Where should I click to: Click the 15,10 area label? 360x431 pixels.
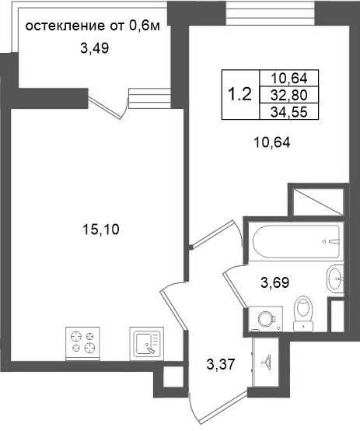tap(101, 230)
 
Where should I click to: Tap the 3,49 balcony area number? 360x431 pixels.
tap(95, 48)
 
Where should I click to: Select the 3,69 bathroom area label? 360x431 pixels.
tap(274, 282)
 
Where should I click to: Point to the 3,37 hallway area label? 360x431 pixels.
tap(221, 364)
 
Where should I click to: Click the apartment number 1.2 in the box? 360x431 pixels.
tap(240, 94)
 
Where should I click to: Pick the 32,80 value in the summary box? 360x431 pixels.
tap(288, 95)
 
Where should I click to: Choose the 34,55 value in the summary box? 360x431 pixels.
tap(288, 112)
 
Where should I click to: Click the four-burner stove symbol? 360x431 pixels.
tap(82, 343)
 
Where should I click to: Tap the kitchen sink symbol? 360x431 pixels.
tap(146, 343)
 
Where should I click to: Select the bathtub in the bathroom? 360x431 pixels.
tap(296, 242)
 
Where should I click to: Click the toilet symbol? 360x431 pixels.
tap(303, 314)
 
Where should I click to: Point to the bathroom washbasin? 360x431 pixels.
tap(335, 279)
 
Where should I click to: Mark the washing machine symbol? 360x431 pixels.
tap(265, 319)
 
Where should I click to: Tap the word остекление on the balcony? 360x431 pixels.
tap(65, 26)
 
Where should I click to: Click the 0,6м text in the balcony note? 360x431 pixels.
tap(144, 26)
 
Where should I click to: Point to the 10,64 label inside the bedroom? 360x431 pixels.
tap(272, 142)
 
